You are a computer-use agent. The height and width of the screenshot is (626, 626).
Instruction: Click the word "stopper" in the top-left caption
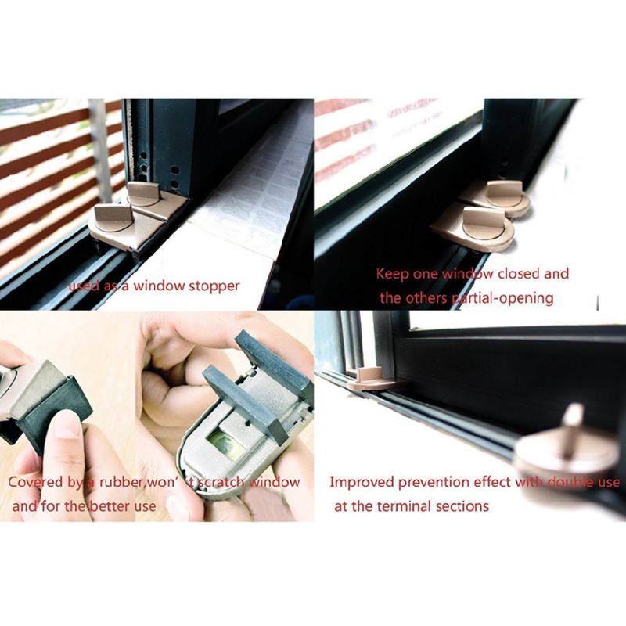213,286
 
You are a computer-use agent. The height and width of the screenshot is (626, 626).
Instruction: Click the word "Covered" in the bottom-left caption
36,482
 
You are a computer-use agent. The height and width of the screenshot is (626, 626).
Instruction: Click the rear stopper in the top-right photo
498,196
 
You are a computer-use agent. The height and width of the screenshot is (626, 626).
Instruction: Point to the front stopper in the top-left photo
117,223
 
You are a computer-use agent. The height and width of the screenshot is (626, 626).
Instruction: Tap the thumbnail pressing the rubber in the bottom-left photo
66,426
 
